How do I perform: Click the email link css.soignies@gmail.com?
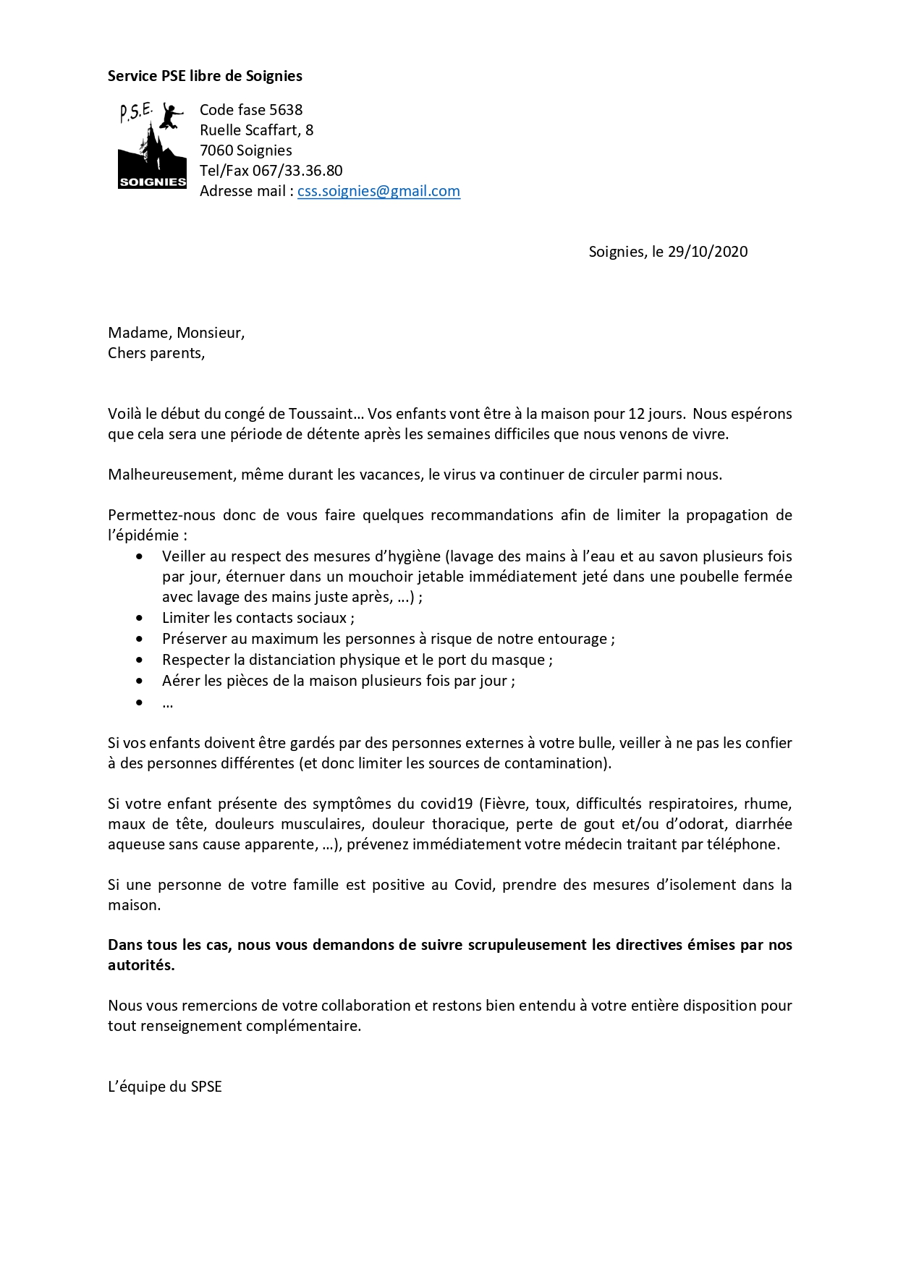378,191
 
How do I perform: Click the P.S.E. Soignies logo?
152,146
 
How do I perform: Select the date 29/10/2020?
708,252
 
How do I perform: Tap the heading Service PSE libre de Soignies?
205,76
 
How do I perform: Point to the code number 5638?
286,110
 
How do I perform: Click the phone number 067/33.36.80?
297,171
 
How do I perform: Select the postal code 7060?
216,150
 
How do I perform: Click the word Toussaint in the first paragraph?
321,414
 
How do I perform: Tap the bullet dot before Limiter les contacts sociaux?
140,619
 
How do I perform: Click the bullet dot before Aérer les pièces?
140,682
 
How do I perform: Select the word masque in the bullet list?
522,660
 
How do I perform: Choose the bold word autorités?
140,965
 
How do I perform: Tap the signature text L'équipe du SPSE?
165,1087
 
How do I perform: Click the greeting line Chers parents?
156,353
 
